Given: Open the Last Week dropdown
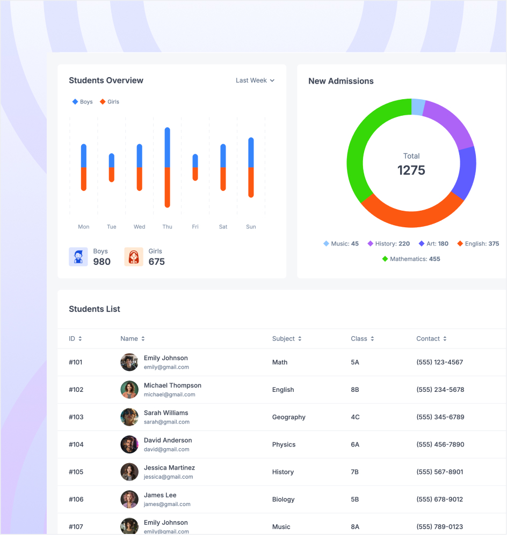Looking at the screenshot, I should tap(255, 80).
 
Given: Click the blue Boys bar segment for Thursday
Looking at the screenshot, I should tap(168, 147).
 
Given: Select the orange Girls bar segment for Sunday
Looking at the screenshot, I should tap(251, 182).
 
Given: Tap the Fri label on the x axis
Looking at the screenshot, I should tap(195, 227).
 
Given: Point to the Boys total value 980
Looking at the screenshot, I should tap(102, 262).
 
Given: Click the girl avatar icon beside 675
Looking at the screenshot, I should tap(134, 257).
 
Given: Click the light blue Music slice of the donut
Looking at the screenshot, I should tap(418, 107).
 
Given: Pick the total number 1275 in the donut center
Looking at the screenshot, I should tap(411, 170).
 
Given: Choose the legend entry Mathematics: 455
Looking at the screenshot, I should tap(411, 259).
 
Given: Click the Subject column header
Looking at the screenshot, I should tap(284, 339).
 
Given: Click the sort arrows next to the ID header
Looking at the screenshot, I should tap(80, 339).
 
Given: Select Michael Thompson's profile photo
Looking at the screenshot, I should tap(129, 390).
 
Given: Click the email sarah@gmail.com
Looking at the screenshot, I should tap(166, 422).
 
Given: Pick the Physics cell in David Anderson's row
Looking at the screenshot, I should tap(284, 444).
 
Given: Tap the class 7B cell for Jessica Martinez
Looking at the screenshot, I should tap(354, 472).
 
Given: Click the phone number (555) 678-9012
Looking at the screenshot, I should tap(439, 499).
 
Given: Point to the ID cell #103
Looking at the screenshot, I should tap(76, 417).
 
